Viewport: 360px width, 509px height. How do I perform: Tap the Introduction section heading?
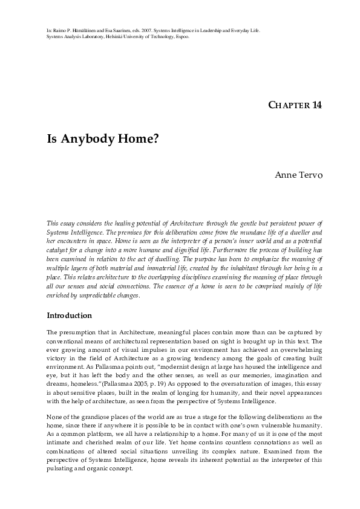point(69,316)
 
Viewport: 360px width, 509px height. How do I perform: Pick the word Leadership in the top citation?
point(222,30)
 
